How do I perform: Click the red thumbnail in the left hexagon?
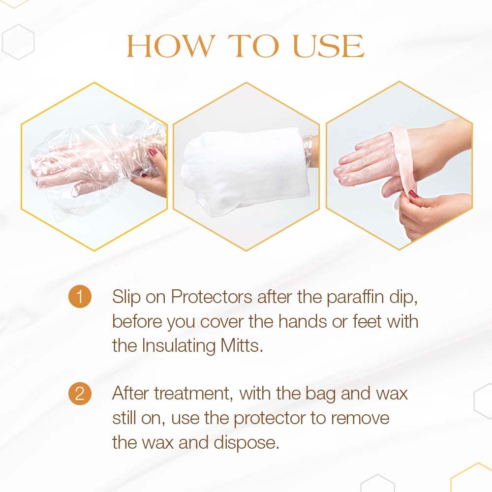click(154, 153)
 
